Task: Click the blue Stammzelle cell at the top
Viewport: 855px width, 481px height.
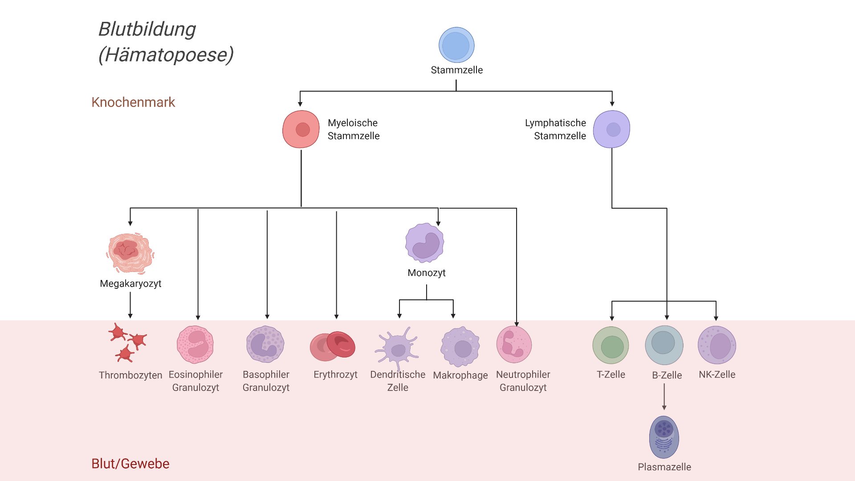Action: [456, 45]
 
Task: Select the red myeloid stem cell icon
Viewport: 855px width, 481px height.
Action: [301, 129]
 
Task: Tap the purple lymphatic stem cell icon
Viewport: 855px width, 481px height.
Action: [612, 129]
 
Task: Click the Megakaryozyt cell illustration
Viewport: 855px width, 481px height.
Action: [130, 252]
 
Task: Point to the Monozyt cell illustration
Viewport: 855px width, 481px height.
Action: [425, 243]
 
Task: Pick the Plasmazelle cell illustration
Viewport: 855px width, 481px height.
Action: [664, 437]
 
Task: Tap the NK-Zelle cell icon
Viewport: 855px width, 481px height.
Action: [717, 345]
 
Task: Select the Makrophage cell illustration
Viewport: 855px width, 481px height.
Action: [460, 347]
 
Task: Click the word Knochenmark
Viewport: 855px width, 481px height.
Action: [133, 102]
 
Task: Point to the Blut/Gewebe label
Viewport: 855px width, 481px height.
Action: [130, 464]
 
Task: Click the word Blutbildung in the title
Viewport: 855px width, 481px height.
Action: [147, 29]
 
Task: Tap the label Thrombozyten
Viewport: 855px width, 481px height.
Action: [130, 375]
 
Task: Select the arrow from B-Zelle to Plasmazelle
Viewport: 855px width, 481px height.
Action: [664, 396]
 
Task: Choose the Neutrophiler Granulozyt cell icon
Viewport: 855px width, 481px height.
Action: [514, 345]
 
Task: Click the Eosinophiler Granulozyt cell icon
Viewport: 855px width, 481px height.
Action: [195, 345]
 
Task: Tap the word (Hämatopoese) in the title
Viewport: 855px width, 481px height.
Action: [166, 55]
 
